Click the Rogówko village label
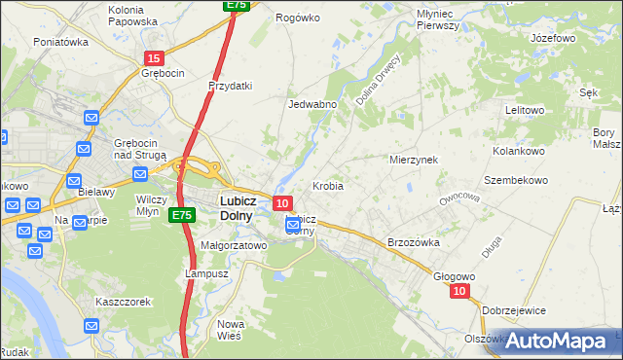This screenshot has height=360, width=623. (x=298, y=18)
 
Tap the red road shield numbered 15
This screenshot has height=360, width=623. (x=153, y=58)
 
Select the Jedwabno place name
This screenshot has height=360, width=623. (x=312, y=104)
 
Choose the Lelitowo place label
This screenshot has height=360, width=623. (x=525, y=110)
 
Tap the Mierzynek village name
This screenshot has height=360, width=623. (x=414, y=159)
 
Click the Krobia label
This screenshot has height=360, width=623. (x=327, y=185)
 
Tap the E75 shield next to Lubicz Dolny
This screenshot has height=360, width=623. (x=180, y=214)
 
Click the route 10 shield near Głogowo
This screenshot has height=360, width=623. (x=460, y=291)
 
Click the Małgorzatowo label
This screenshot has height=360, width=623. (x=234, y=246)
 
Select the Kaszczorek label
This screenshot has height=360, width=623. (x=124, y=302)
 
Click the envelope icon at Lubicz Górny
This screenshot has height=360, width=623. (x=293, y=226)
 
